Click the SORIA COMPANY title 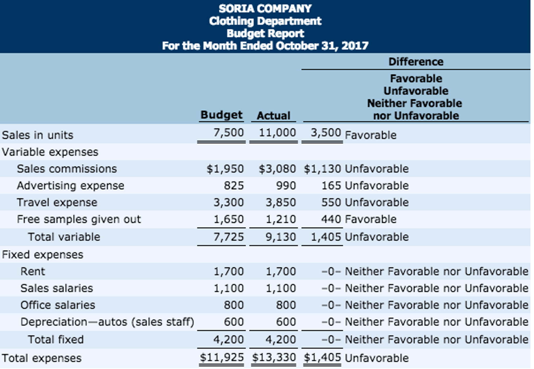point(265,9)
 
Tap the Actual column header point(273,115)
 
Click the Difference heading point(416,62)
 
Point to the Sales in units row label point(38,135)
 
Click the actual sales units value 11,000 point(277,132)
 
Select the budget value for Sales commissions point(225,169)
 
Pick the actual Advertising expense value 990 point(286,185)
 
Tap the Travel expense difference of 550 point(331,202)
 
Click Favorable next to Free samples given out point(371,219)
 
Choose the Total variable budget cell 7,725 point(228,237)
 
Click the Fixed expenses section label point(43,254)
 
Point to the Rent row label point(33,271)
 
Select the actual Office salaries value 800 point(286,305)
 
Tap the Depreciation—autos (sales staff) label point(107,322)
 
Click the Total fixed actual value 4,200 point(281,339)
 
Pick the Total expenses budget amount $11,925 point(222,357)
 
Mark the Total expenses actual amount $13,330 point(274,357)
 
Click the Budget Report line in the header point(265,33)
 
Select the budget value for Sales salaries point(228,288)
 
